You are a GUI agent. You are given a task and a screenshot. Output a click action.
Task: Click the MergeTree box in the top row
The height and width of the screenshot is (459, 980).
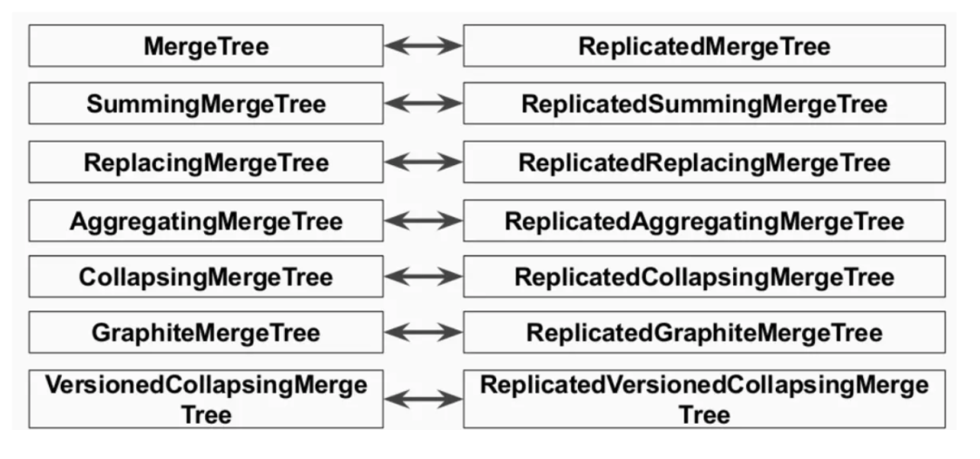(x=206, y=46)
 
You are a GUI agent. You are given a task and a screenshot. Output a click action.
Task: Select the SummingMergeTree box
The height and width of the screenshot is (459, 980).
(x=206, y=103)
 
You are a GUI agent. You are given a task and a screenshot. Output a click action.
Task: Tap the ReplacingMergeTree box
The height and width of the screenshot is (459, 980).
(x=206, y=162)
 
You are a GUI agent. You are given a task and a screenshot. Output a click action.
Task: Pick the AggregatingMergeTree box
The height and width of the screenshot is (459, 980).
(x=206, y=220)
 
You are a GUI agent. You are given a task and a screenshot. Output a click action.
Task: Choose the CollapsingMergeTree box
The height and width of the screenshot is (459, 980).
(x=206, y=276)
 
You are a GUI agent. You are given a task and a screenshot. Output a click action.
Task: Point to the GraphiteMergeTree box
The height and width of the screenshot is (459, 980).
(x=206, y=333)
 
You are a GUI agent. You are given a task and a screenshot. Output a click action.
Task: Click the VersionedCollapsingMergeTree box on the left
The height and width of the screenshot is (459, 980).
(x=206, y=398)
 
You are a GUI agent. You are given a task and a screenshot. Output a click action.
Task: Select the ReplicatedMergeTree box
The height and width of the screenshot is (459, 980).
(x=703, y=46)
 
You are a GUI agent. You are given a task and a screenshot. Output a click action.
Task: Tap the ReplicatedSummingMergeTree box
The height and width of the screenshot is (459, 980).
(x=703, y=103)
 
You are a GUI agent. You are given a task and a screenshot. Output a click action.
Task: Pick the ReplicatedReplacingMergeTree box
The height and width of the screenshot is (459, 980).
(x=703, y=162)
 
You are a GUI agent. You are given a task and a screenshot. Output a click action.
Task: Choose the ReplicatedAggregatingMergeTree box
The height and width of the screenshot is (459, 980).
(x=703, y=220)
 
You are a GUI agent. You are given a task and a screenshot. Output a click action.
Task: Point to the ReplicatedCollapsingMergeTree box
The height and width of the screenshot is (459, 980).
(x=703, y=276)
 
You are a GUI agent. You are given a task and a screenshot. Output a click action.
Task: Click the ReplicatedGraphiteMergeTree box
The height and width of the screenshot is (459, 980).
(x=703, y=333)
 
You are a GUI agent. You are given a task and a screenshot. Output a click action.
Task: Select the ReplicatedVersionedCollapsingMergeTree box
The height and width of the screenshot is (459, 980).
(x=703, y=398)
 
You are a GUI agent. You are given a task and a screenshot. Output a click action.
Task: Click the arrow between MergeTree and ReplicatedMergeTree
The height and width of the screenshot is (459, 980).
(x=424, y=46)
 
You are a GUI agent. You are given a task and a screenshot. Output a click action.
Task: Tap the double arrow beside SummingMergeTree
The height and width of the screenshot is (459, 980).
(x=424, y=103)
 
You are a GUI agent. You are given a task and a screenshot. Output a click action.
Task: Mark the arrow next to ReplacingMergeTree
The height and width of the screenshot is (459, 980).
(x=424, y=162)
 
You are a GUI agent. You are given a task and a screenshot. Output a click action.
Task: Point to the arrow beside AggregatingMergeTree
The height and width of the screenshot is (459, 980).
(x=424, y=220)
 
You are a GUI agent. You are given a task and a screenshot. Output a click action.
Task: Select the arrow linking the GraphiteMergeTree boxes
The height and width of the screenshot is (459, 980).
(x=424, y=333)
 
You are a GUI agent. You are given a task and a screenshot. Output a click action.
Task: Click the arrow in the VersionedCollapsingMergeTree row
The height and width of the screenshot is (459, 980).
(x=424, y=398)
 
